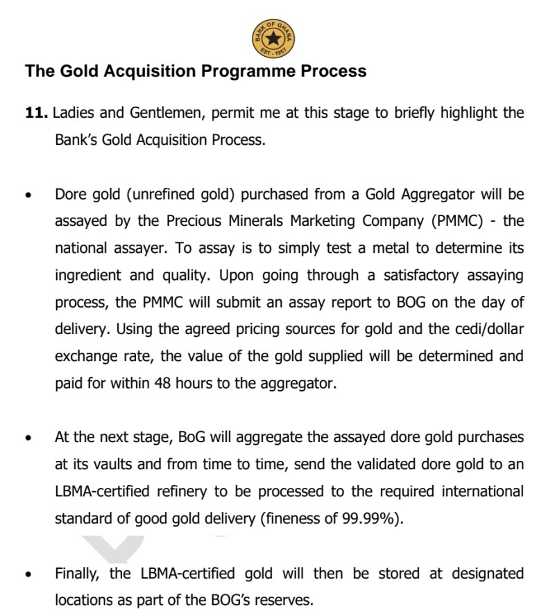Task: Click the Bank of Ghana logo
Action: tap(273, 39)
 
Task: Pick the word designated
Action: tap(483, 574)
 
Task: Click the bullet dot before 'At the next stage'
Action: tap(28, 439)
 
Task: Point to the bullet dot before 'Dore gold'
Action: tap(28, 195)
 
